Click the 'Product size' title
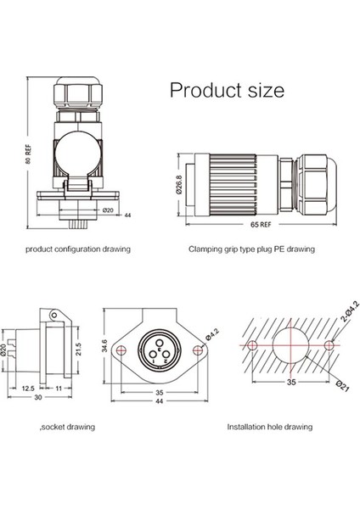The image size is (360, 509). pos(227,90)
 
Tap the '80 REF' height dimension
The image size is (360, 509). pos(29,154)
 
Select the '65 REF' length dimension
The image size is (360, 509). pos(261,224)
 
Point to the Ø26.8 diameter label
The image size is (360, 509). pos(179,185)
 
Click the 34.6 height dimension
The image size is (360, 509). pos(104,346)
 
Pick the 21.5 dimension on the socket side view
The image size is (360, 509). pos(79,349)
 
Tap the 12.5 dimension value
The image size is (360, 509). pos(28,389)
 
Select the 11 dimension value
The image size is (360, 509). pos(59,389)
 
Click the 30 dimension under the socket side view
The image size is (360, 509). pos(38,397)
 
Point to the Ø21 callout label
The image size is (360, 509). pos(342,386)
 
